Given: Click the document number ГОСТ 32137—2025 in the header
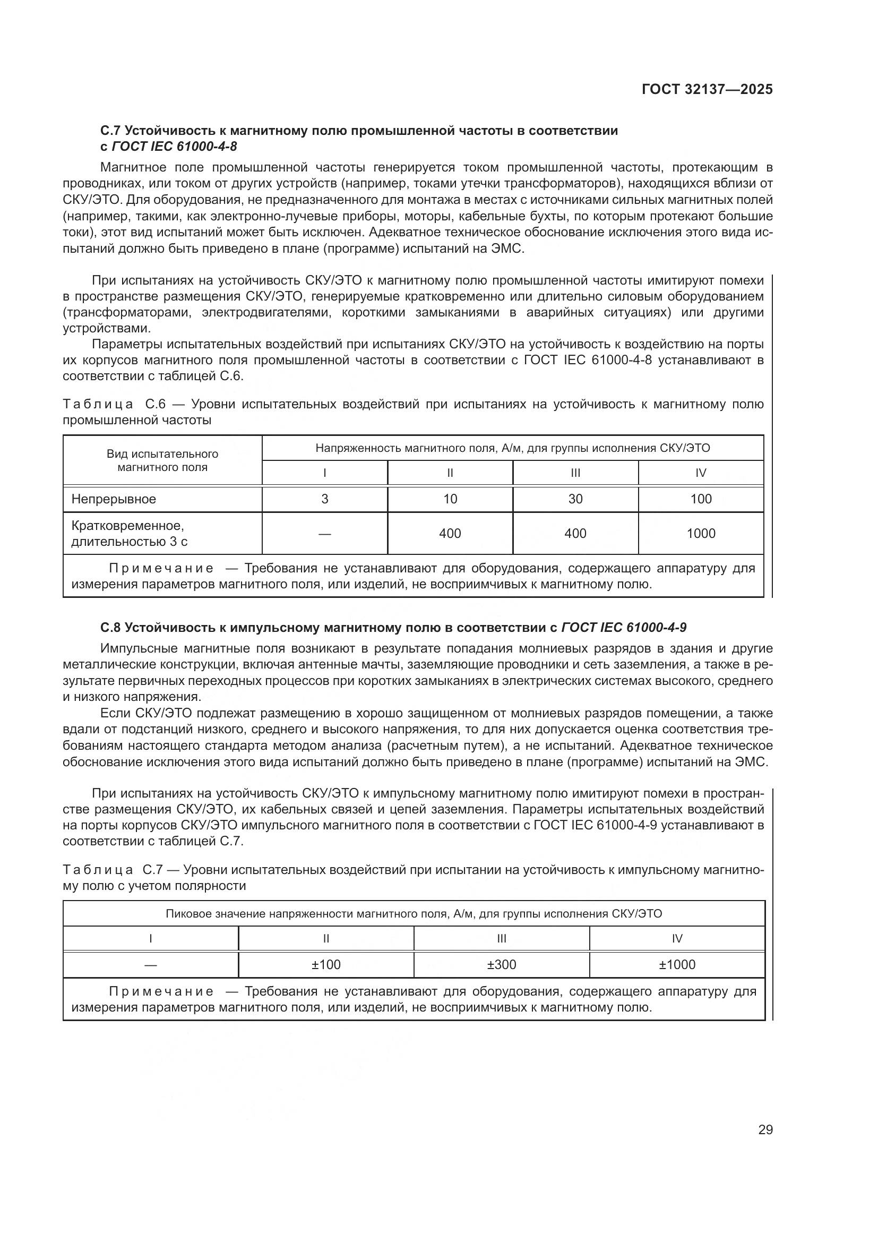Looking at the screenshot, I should (707, 89).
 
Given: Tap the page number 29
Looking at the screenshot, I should (765, 1129).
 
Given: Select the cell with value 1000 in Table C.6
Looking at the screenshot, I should (701, 533).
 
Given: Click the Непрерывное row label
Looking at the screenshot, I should (114, 499).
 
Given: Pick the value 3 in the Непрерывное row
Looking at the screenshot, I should (324, 499).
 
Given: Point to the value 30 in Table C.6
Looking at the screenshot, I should (575, 499).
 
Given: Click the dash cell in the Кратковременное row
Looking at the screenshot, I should (324, 533).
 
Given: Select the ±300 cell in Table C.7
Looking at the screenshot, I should (501, 964).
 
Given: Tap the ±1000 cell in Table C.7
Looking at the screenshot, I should (677, 964).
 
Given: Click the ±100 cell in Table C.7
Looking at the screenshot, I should (326, 964).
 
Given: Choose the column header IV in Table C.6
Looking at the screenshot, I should (701, 473).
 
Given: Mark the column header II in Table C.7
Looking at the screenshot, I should (326, 938).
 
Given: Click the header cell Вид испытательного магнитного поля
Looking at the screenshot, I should (162, 460).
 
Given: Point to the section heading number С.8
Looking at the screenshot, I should (111, 628).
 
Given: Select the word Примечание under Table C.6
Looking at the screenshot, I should (161, 569).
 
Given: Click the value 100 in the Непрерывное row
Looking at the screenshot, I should (701, 499).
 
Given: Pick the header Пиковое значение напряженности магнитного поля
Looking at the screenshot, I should (414, 914).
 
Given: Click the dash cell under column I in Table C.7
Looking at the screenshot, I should (150, 964).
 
